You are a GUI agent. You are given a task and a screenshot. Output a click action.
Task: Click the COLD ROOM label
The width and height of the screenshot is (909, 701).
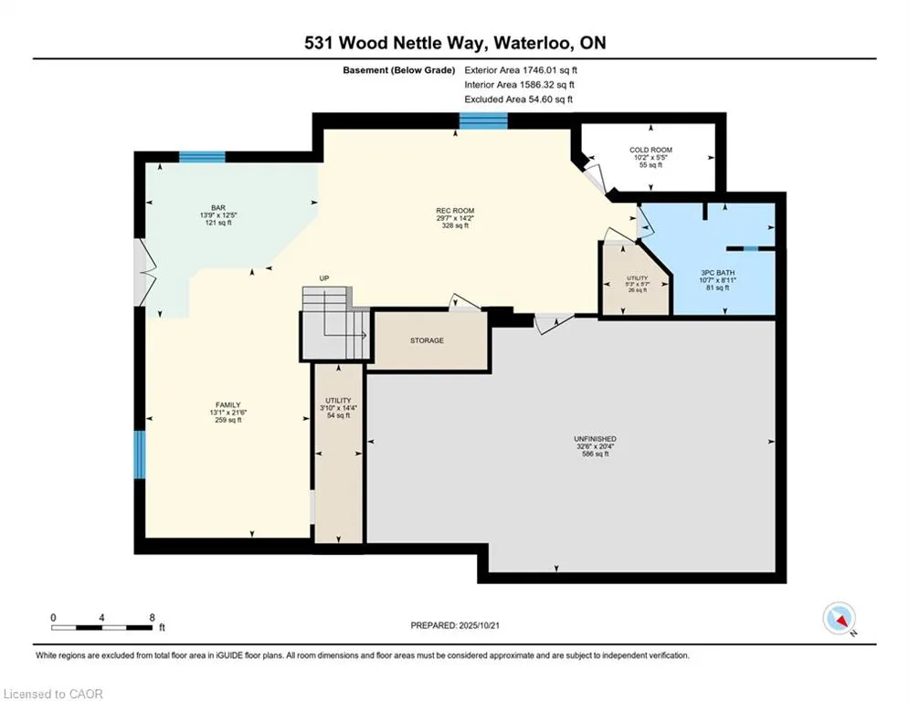point(650,150)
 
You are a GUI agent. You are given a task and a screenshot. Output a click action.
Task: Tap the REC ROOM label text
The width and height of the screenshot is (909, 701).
point(454,211)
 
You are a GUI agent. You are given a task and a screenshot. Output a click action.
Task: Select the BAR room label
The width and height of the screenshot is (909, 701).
point(217,208)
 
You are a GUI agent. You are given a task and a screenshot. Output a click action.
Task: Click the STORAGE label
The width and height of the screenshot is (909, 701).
point(427,340)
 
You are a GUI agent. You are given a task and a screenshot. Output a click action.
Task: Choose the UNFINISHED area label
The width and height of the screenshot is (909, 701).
point(594,439)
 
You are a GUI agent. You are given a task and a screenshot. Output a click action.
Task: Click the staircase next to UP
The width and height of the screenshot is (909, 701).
point(333,324)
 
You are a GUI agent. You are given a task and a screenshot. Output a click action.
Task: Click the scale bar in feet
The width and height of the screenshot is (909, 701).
point(101,627)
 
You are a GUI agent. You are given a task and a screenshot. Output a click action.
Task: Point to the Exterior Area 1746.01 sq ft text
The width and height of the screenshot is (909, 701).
point(521,69)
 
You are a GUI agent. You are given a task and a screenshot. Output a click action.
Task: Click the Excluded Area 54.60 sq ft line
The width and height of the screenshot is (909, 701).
point(519,99)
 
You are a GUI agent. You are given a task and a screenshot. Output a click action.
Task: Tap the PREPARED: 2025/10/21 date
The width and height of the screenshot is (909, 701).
point(455,625)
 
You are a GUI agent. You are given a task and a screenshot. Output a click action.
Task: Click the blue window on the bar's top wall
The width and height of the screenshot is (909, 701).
point(202,157)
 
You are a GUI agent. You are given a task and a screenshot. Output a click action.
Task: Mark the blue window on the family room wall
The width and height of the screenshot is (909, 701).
point(140,455)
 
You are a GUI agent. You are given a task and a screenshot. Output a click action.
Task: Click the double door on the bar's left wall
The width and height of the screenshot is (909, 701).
point(142,271)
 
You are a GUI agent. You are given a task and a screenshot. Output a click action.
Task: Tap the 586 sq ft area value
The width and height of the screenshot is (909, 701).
point(594,454)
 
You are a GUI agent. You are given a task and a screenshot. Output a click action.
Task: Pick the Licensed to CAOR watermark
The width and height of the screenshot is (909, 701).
point(53,694)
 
